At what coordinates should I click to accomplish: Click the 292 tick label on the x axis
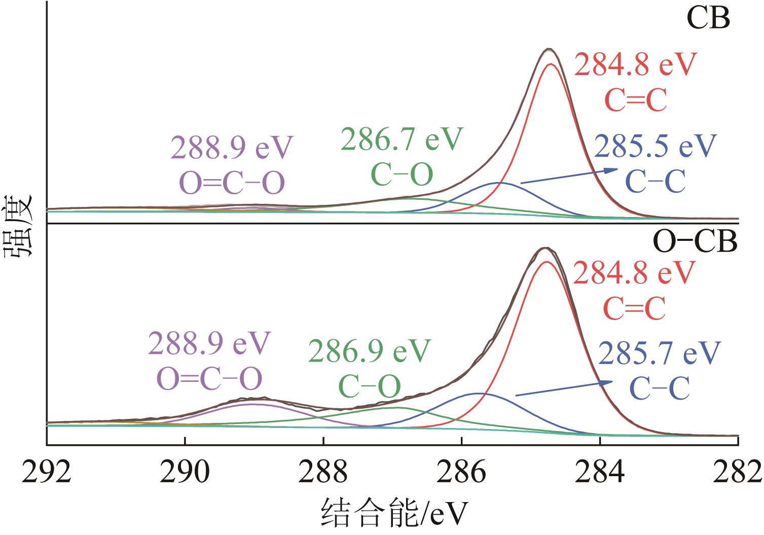tap(47, 472)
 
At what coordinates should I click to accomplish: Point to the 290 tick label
tap(185, 472)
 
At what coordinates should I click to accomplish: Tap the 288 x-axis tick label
tap(323, 472)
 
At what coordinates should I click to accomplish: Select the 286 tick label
tap(461, 472)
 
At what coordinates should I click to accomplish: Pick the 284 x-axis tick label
tap(600, 472)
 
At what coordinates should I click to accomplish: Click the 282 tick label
tap(738, 472)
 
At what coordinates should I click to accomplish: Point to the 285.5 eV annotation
tap(655, 146)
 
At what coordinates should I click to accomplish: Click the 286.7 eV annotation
tap(402, 139)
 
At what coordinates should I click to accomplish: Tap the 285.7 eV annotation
tap(659, 353)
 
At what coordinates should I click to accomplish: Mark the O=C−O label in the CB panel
tap(232, 184)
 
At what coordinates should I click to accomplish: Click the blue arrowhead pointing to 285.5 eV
tap(613, 171)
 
